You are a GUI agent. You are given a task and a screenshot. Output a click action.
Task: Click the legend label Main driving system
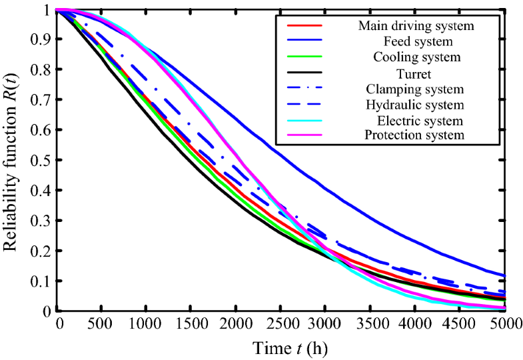(416, 26)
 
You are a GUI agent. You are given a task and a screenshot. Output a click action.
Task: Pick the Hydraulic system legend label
(416, 105)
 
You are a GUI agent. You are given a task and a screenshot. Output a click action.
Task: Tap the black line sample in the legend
(304, 73)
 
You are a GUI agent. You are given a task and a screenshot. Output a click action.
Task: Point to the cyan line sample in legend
(304, 121)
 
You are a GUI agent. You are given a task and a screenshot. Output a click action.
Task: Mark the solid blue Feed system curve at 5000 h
(505, 275)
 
